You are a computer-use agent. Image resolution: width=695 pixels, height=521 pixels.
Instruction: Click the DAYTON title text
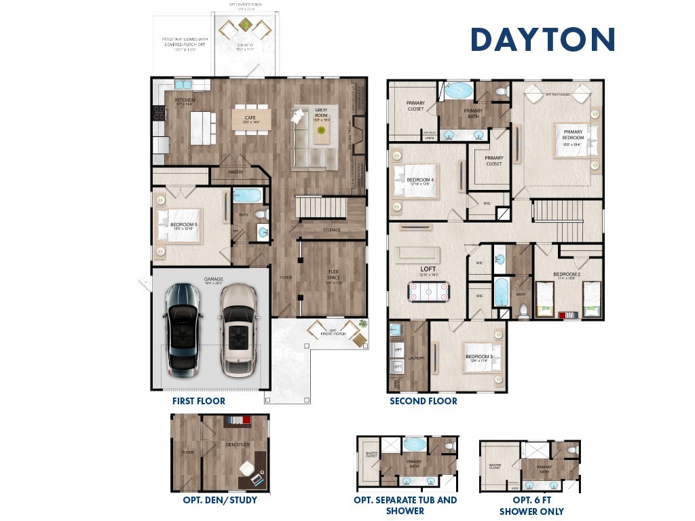(542, 39)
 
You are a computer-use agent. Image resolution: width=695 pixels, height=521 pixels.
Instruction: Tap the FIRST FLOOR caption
(198, 401)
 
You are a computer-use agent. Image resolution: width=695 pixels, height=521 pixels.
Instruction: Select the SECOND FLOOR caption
(423, 401)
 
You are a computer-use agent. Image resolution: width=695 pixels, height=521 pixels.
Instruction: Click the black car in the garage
(182, 330)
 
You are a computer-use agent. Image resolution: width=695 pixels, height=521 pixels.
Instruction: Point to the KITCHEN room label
(185, 100)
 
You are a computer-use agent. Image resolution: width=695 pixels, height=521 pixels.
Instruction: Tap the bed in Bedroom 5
(179, 225)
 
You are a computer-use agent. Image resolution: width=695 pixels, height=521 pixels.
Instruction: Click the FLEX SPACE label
(333, 277)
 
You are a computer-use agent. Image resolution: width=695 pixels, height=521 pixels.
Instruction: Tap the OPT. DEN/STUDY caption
(220, 501)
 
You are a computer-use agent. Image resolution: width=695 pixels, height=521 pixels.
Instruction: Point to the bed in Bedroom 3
(483, 357)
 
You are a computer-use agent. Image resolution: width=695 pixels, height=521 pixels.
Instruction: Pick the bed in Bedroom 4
(415, 182)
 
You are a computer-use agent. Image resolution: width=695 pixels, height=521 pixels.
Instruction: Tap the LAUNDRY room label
(416, 358)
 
